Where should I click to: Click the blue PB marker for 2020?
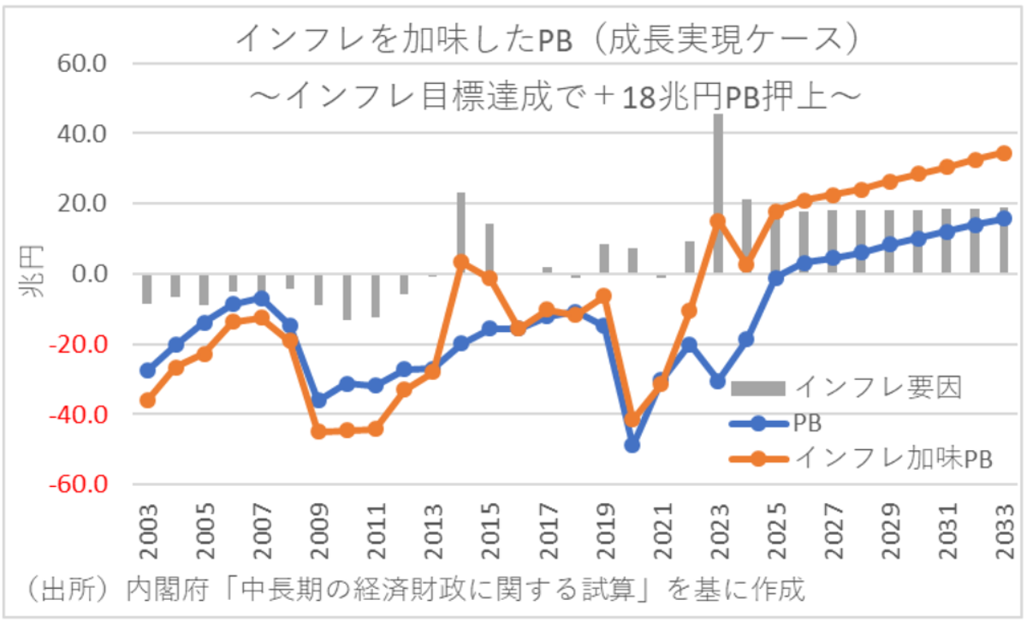click(x=632, y=445)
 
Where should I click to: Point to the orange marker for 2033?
click(x=1004, y=153)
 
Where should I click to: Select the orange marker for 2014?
click(x=460, y=262)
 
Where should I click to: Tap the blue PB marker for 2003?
click(x=147, y=371)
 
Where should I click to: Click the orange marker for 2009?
click(x=318, y=431)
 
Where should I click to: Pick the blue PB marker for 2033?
click(x=1004, y=218)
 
